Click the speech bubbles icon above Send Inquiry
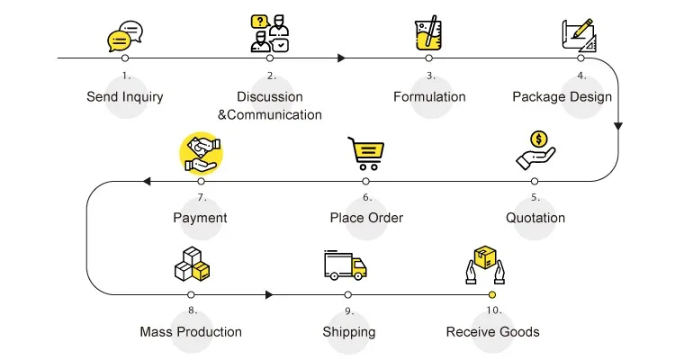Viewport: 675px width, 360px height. pyautogui.click(x=125, y=35)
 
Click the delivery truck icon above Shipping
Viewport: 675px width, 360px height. pyautogui.click(x=346, y=265)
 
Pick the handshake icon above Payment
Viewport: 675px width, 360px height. pyautogui.click(x=201, y=153)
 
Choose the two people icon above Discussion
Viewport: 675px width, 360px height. pyautogui.click(x=270, y=32)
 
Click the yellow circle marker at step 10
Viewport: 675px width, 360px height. pyautogui.click(x=492, y=294)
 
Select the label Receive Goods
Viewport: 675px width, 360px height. pyautogui.click(x=492, y=332)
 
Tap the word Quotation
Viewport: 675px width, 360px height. pyautogui.click(x=535, y=218)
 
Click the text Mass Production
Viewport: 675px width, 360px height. pyautogui.click(x=191, y=332)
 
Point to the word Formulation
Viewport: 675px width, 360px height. pyautogui.click(x=429, y=96)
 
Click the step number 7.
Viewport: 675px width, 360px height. pyautogui.click(x=202, y=197)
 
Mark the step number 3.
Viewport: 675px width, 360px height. pyautogui.click(x=430, y=76)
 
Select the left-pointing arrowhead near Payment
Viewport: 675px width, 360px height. pyautogui.click(x=146, y=182)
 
